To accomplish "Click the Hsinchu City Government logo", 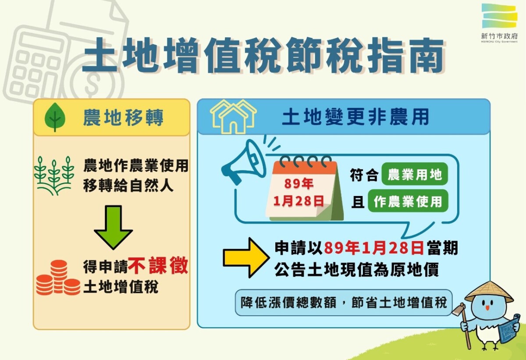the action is tap(499, 23).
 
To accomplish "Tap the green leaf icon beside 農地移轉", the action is tap(55, 117).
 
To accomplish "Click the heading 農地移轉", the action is tap(123, 118).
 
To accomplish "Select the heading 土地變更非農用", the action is tap(355, 117).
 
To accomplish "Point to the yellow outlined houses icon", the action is tap(233, 117).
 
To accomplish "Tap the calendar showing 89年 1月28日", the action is tap(304, 189).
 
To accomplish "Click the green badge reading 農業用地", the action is tap(415, 175).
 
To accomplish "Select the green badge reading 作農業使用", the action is tap(408, 201).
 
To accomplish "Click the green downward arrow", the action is tap(114, 227).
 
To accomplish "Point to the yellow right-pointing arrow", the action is tap(246, 257).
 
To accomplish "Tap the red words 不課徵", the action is tap(158, 265).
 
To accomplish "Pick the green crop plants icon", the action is tap(54, 175).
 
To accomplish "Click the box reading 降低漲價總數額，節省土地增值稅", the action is tap(343, 303).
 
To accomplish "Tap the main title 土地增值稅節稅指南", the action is tap(263, 56).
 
